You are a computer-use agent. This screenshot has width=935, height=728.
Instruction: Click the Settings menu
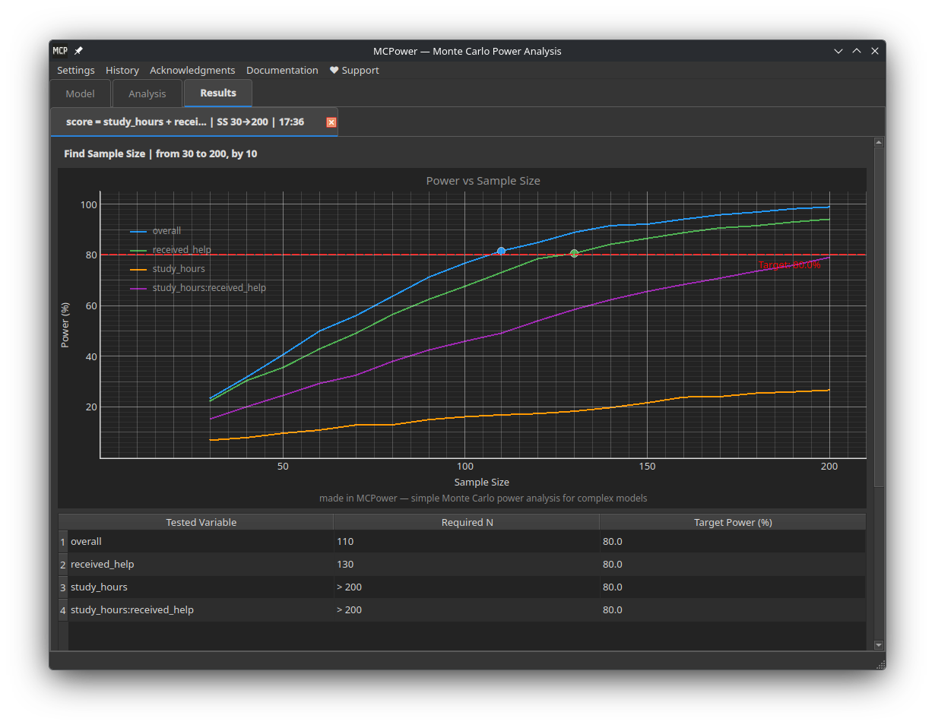pos(76,70)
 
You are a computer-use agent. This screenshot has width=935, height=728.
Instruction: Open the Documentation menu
pos(282,70)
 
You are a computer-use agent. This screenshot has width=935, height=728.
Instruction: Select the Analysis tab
pos(147,93)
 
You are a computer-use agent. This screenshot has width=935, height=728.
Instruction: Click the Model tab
pos(80,93)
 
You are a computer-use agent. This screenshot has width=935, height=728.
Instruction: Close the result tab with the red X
pos(331,122)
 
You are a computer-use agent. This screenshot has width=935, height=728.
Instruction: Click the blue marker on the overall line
pos(501,251)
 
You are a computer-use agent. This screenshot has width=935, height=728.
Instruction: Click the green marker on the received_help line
pos(574,253)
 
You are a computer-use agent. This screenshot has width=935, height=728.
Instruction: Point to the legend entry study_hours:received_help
pos(209,288)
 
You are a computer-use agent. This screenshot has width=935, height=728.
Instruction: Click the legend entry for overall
pos(166,231)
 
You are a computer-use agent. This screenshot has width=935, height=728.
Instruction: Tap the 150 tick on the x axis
pos(647,467)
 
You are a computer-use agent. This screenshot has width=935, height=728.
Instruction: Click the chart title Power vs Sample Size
pos(483,181)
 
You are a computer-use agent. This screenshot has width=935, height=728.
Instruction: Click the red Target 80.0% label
pos(789,265)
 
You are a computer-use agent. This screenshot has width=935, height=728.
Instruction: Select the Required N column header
pos(467,522)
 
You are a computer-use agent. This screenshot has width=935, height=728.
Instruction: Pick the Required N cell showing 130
pos(345,564)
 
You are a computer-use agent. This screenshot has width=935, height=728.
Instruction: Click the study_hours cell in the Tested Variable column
pos(99,587)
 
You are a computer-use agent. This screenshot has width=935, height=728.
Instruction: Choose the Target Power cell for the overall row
pos(612,541)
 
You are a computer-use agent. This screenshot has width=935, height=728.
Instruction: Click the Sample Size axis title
pos(481,482)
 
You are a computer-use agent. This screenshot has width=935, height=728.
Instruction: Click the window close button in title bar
pos(874,51)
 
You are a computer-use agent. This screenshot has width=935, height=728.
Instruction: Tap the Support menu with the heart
pos(354,70)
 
